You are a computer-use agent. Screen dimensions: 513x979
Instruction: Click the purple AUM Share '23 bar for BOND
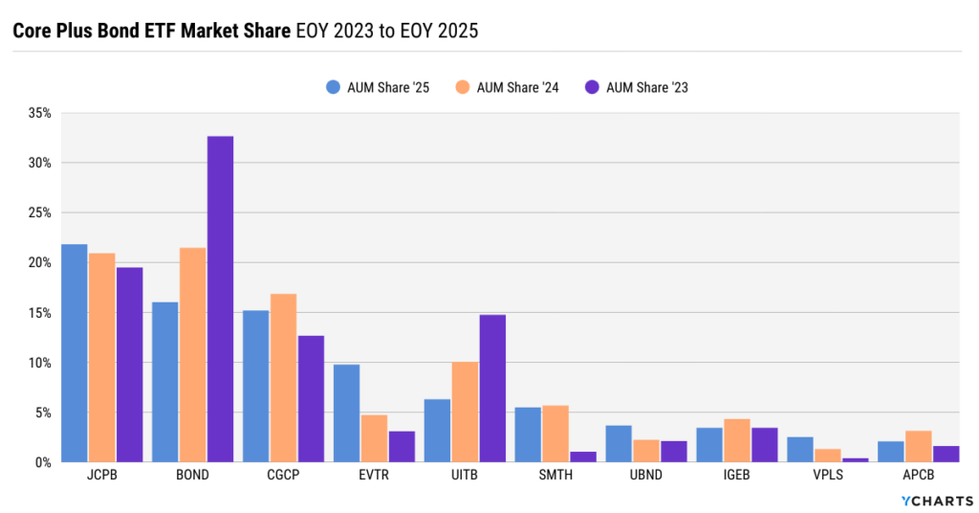tap(220, 300)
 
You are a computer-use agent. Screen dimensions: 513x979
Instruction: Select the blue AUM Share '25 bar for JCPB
tap(74, 353)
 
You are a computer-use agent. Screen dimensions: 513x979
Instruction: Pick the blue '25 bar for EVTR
tap(346, 413)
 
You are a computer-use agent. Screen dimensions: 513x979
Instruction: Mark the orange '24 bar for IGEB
tap(737, 440)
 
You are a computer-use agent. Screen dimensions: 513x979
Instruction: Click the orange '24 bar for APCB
tap(918, 447)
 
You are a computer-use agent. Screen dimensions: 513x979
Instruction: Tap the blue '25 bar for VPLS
tap(800, 450)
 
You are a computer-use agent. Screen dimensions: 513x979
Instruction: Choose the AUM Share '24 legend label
tap(517, 87)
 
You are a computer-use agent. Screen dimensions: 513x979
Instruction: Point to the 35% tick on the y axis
tap(40, 113)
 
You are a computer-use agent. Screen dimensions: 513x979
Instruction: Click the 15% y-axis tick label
tap(40, 313)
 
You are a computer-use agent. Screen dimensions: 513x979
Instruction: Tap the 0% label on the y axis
tap(44, 462)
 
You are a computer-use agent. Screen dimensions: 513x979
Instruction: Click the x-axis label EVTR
tap(374, 476)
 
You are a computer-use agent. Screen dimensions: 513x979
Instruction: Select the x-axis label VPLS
tap(827, 476)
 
